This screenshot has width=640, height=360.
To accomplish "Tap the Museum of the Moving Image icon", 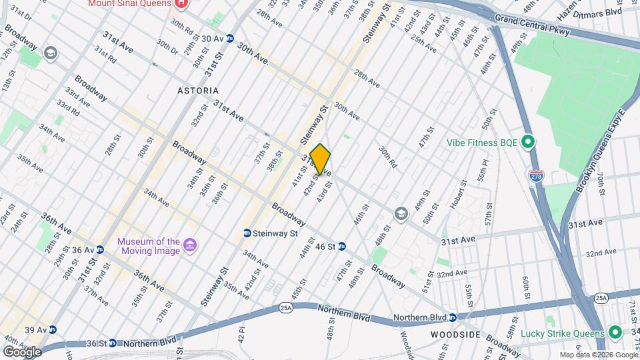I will pyautogui.click(x=191, y=246).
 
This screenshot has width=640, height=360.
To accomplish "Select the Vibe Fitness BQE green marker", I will pyautogui.click(x=528, y=142).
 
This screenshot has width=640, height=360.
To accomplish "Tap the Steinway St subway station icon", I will pyautogui.click(x=247, y=233).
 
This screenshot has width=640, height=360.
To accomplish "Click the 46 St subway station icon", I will pyautogui.click(x=342, y=247).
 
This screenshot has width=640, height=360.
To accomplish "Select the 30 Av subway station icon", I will pyautogui.click(x=230, y=39).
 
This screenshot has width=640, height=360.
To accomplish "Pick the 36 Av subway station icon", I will pyautogui.click(x=100, y=250).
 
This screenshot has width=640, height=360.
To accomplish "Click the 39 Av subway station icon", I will pyautogui.click(x=52, y=330).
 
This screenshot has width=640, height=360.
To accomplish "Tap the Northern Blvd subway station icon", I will pyautogui.click(x=452, y=317).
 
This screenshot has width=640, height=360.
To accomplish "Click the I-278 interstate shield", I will pyautogui.click(x=535, y=176).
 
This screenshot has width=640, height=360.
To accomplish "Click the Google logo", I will pyautogui.click(x=22, y=351).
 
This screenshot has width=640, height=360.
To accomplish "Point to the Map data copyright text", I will pyautogui.click(x=599, y=355).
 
